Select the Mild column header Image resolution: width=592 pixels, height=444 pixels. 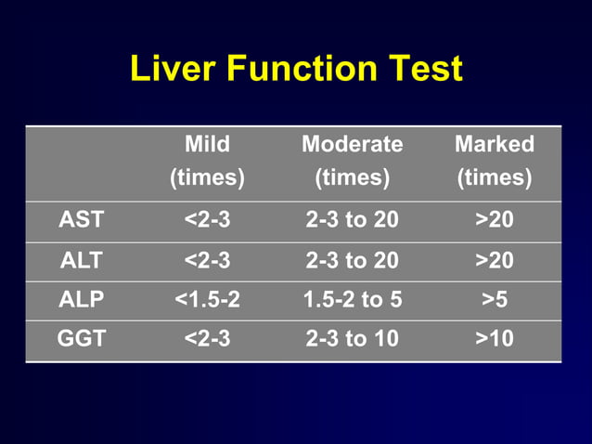click(x=207, y=144)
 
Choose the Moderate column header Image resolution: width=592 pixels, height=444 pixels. click(x=353, y=144)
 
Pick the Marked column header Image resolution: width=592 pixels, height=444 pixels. click(x=494, y=144)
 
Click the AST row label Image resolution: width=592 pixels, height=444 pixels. click(x=82, y=221)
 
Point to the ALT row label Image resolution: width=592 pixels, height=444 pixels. click(x=82, y=261)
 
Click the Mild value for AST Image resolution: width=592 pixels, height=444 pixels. click(x=207, y=221)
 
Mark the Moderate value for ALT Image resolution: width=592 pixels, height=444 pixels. click(x=353, y=261)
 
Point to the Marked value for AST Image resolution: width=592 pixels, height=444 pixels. click(x=494, y=221)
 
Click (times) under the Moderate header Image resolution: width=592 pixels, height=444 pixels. click(x=353, y=177)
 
